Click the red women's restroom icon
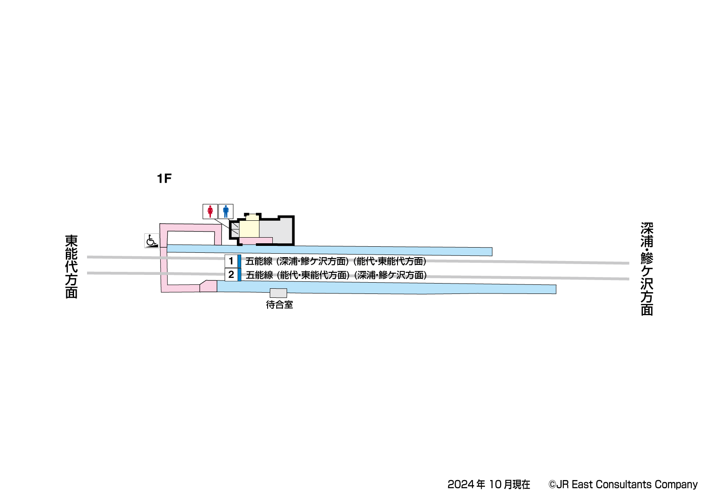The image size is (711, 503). click(210, 211)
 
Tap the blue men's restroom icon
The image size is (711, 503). click(226, 211)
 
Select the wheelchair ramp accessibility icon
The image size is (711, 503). click(152, 240)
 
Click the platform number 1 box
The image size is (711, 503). click(231, 261)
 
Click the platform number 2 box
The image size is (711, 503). click(231, 274)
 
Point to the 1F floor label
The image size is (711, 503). click(164, 178)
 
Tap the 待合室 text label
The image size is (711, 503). click(279, 305)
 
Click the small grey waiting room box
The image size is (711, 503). click(278, 293)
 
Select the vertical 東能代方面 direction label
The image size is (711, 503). click(71, 267)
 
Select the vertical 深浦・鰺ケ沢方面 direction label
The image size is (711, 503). click(646, 269)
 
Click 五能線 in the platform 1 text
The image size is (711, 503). click(259, 261)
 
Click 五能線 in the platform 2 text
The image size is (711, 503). click(259, 275)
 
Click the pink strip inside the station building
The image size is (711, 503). click(256, 240)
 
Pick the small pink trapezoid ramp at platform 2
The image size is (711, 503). click(209, 286)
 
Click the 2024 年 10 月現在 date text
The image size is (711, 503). click(488, 484)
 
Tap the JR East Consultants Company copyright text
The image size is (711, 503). click(623, 484)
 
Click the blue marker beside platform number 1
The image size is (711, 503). click(239, 261)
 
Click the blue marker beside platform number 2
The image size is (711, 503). click(239, 274)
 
